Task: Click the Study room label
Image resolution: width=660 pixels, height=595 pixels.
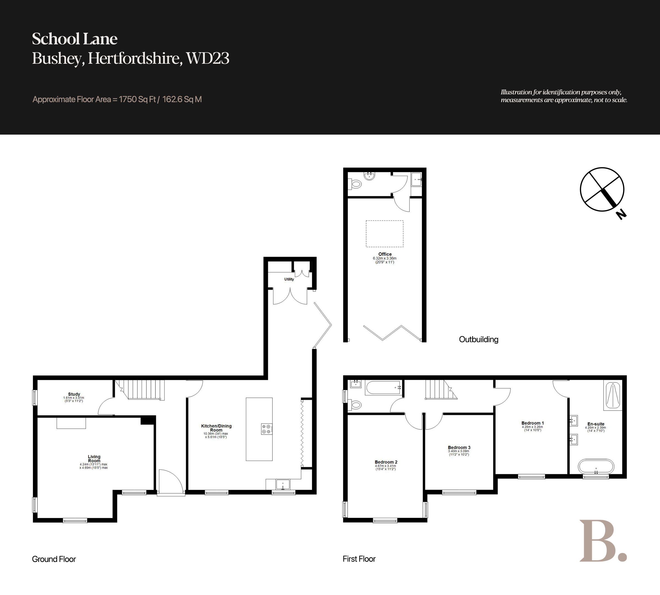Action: (74, 394)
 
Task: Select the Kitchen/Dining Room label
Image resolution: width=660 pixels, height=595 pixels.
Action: (216, 428)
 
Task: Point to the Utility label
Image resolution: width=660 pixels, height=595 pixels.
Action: (289, 279)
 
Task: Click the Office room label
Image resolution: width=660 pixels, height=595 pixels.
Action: (385, 254)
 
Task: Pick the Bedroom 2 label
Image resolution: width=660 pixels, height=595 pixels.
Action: (386, 462)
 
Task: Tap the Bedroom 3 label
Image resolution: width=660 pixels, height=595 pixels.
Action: (459, 447)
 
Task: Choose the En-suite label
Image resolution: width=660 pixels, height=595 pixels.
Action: (596, 424)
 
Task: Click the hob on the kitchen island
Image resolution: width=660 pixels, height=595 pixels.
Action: (266, 429)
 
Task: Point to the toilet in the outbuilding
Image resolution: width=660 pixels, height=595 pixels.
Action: (354, 184)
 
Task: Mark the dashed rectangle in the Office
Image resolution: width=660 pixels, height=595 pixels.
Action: (384, 233)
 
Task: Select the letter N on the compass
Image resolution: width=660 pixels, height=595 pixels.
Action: (621, 215)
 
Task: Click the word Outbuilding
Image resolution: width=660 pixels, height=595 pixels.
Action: (479, 339)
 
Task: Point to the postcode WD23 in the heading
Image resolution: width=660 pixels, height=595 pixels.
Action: (208, 58)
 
